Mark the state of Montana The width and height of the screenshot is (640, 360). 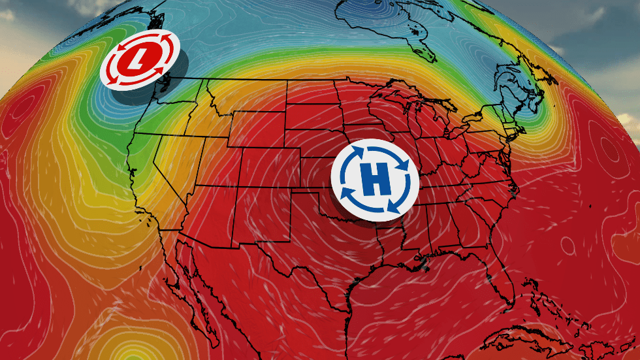coord(245,98)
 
